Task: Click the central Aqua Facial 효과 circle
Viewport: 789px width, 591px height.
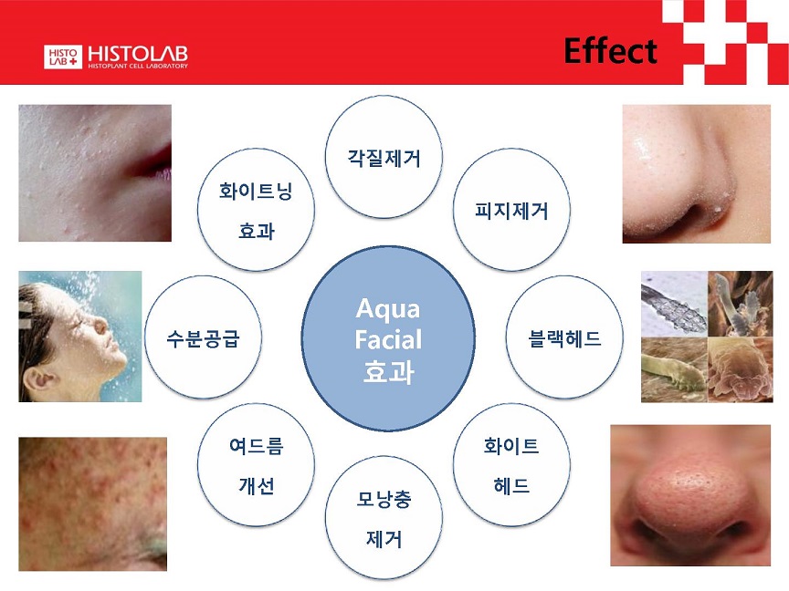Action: pos(388,338)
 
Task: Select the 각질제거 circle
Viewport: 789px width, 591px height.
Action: pos(384,157)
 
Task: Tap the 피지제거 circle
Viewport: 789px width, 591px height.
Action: pos(511,210)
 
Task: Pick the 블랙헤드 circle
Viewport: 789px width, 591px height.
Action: pos(564,337)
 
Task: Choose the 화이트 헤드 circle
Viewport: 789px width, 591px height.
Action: pos(511,465)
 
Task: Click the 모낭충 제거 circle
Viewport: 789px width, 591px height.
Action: pos(384,518)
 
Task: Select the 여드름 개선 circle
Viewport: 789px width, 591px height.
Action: pos(256,465)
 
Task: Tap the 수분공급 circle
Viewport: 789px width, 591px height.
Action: pos(204,337)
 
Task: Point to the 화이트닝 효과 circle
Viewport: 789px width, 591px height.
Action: pos(256,210)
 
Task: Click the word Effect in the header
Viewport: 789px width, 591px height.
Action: pos(610,51)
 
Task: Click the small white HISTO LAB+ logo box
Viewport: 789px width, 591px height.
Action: pos(63,57)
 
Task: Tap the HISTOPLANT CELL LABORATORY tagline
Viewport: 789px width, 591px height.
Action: pos(138,66)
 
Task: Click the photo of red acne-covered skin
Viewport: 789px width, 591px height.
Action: pos(92,503)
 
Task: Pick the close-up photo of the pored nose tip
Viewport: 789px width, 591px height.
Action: pos(690,495)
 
